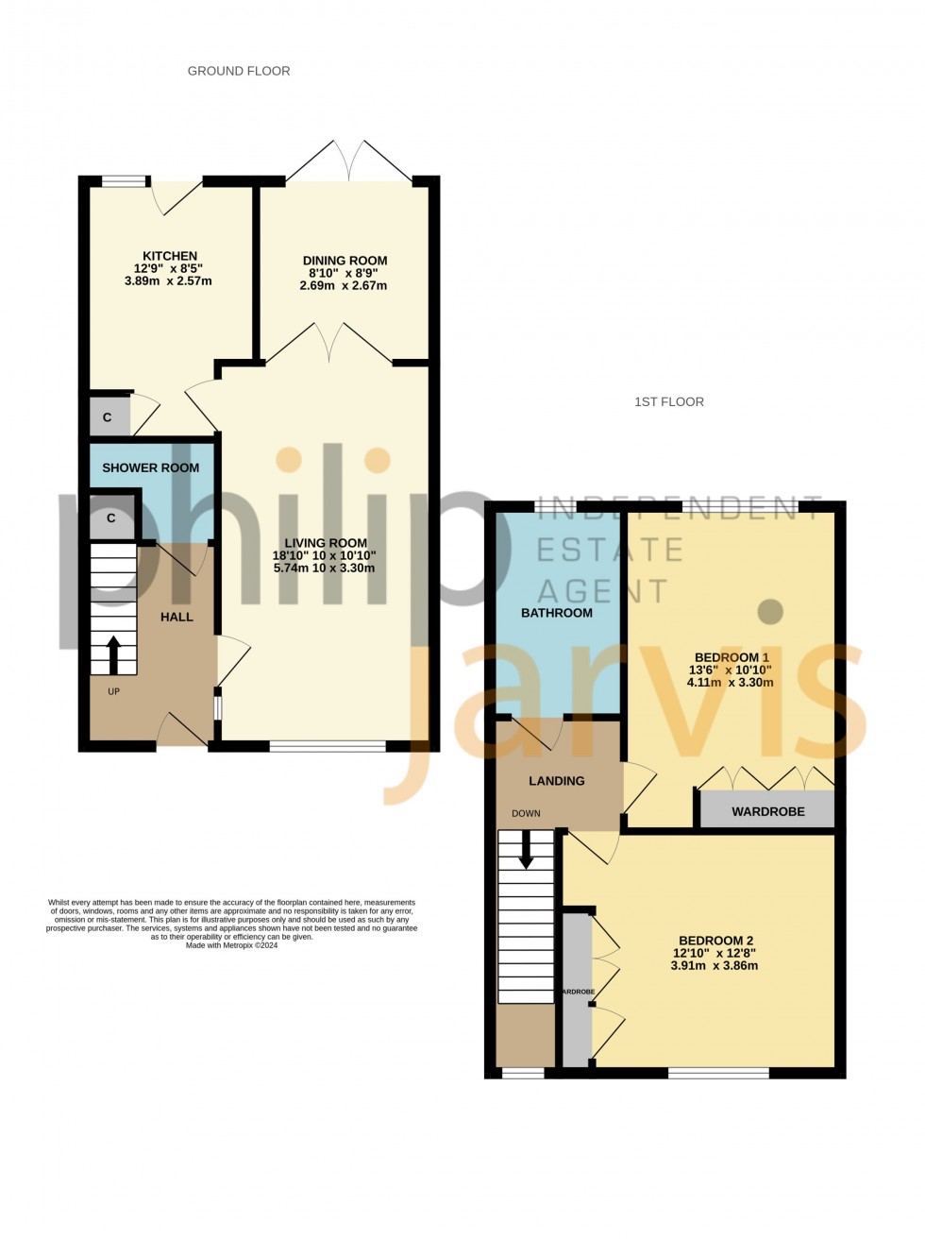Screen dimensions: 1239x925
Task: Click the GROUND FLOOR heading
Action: (239, 71)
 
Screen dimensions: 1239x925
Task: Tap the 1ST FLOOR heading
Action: (669, 402)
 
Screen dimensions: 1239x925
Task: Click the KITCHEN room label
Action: (170, 256)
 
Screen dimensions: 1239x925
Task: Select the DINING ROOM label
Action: (345, 261)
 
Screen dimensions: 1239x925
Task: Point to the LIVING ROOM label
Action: (326, 543)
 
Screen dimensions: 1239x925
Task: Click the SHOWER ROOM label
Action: (150, 467)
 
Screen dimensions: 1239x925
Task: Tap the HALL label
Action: (177, 617)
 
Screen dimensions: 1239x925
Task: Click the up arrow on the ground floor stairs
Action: (113, 654)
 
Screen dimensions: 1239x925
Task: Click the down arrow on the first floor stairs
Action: (526, 849)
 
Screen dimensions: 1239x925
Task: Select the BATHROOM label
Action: (557, 613)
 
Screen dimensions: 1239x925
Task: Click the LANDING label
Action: (556, 781)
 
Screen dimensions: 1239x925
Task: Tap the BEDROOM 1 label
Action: (732, 657)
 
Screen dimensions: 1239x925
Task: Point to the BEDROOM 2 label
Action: (715, 941)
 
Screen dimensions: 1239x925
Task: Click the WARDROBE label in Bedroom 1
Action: (768, 811)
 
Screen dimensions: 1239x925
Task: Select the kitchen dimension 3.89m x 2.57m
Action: (168, 281)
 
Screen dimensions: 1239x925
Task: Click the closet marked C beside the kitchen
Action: (108, 417)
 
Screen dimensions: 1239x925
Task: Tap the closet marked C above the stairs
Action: (110, 518)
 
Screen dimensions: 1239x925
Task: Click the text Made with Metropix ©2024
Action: (231, 945)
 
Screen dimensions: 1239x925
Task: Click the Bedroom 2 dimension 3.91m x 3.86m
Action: (715, 966)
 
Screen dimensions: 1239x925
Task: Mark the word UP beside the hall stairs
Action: (113, 691)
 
